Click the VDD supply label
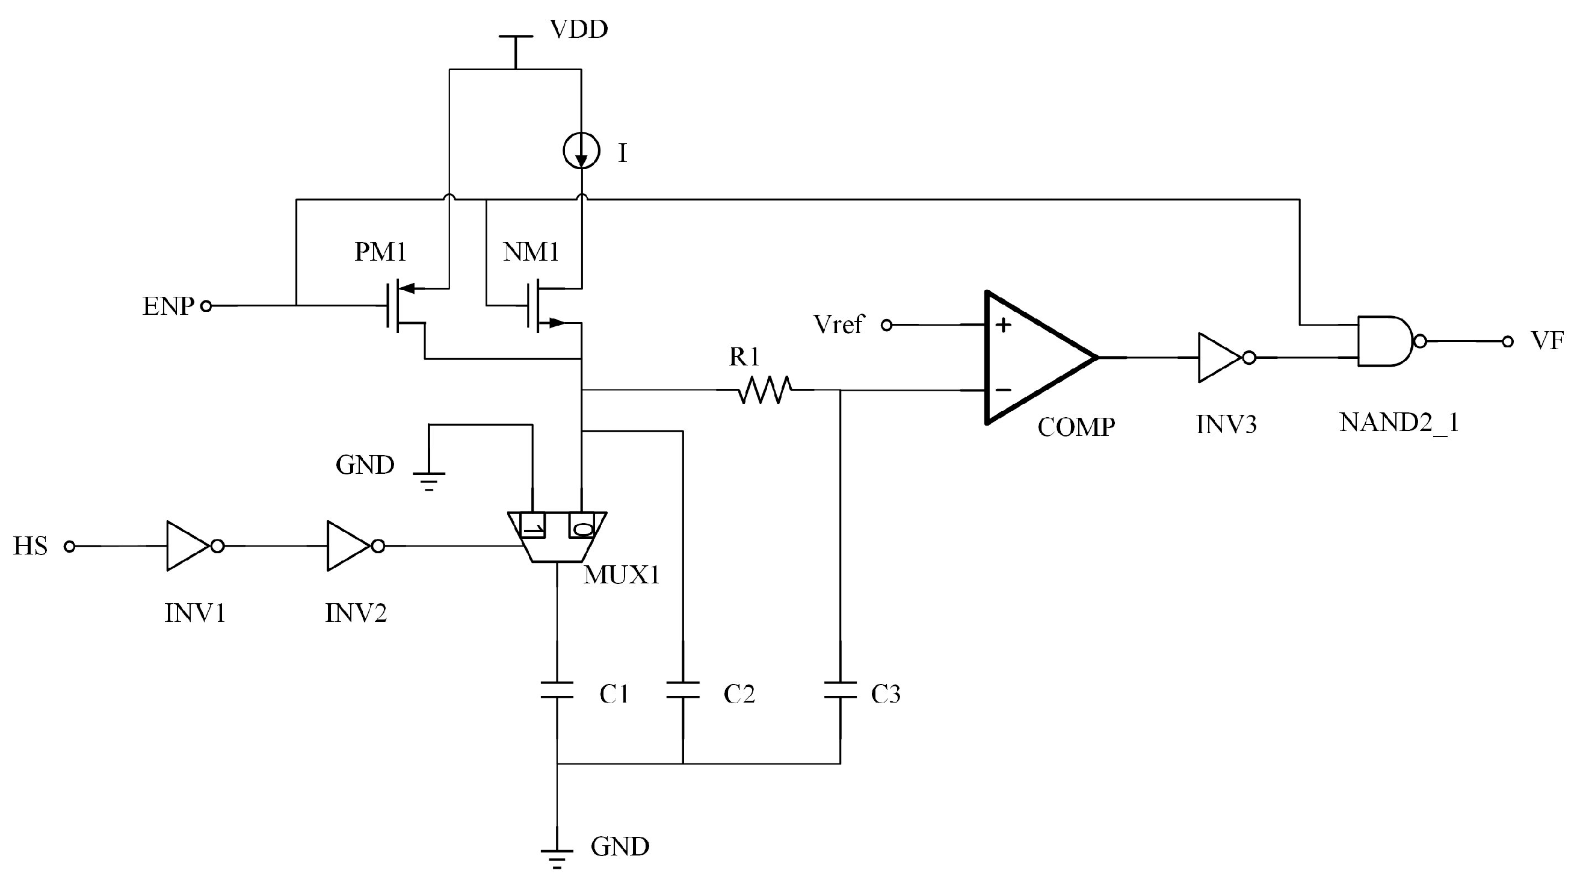(578, 29)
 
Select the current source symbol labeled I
(581, 151)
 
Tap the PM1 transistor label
(380, 252)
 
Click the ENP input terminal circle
(207, 306)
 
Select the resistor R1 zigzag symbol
(765, 390)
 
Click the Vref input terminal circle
(886, 325)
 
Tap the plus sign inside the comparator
(1004, 324)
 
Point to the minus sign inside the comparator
(1004, 390)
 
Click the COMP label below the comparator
(1076, 427)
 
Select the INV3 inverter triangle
(1221, 357)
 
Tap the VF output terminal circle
(1507, 342)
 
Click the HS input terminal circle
(70, 546)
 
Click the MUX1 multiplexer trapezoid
(557, 536)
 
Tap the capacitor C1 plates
(557, 690)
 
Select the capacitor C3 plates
(840, 690)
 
